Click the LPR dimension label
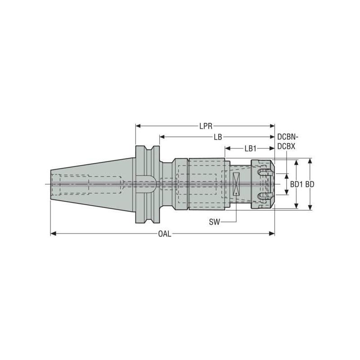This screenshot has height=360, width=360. (x=206, y=126)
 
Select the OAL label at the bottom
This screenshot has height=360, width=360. (x=164, y=234)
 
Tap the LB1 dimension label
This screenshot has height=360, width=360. (x=250, y=148)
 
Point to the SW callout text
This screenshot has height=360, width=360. (x=215, y=222)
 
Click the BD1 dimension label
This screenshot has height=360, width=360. (x=296, y=184)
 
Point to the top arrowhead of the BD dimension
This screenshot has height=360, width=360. (x=310, y=161)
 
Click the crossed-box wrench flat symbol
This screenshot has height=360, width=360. (x=236, y=184)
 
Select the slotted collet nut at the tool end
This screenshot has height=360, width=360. (x=262, y=184)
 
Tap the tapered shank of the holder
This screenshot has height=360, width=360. (x=90, y=184)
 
